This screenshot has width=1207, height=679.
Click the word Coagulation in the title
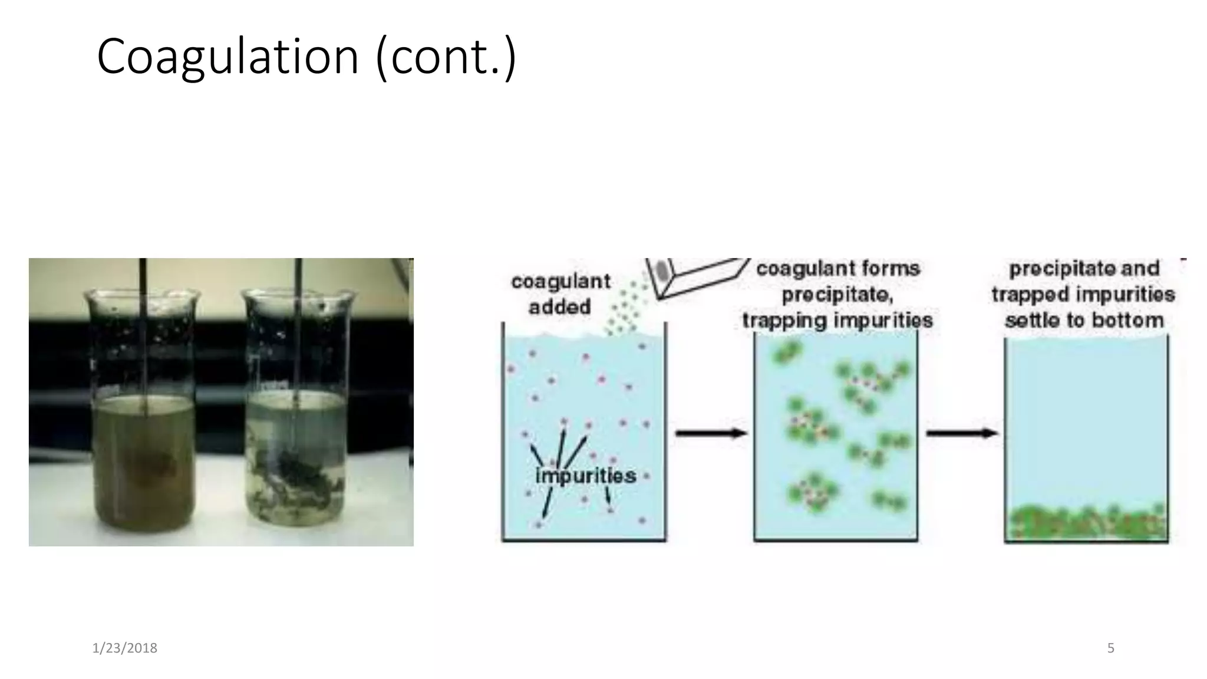click(x=227, y=57)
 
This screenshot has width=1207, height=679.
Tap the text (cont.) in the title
click(x=446, y=57)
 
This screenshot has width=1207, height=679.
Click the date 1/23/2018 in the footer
click(x=124, y=648)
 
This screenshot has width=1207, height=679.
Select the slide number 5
click(x=1110, y=648)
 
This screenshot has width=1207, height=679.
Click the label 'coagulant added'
click(x=560, y=294)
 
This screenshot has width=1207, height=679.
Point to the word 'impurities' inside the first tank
click(x=585, y=475)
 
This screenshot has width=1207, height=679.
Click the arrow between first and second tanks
click(x=710, y=433)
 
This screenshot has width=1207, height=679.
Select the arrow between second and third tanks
click(x=961, y=433)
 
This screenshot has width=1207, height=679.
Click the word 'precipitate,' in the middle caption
click(x=837, y=294)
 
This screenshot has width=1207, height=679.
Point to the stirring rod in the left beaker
click(x=143, y=330)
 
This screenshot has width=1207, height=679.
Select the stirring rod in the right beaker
click(x=298, y=330)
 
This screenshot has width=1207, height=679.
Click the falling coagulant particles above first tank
click(x=625, y=309)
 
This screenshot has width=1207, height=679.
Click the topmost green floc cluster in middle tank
click(x=786, y=352)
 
